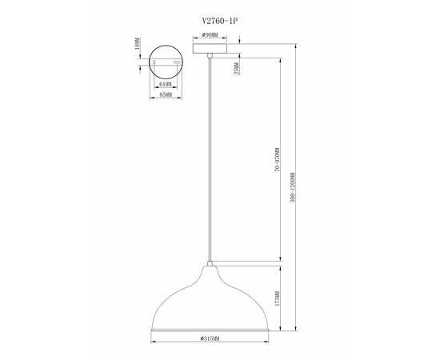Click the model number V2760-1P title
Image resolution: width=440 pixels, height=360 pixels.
pos(220,21)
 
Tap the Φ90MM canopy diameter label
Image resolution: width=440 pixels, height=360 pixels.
pos(210,34)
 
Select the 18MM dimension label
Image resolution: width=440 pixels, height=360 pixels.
pos(137,43)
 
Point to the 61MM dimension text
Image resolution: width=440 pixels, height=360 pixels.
pos(166,84)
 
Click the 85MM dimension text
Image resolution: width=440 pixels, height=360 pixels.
pos(166,94)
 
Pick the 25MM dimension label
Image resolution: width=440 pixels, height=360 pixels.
pos(237,69)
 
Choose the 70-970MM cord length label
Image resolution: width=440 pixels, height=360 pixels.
pos(278,160)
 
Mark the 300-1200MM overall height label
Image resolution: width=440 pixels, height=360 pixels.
pos(293,187)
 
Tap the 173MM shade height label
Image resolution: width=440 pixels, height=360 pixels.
pos(278,298)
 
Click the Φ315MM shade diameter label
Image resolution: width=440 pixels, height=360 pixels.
pos(210,338)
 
